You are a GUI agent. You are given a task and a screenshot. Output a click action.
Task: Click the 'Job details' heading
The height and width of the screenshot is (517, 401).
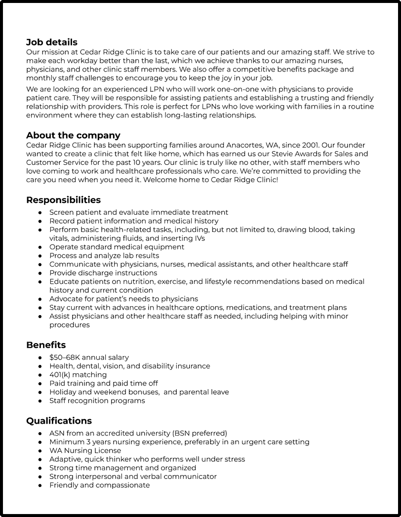coord(52,42)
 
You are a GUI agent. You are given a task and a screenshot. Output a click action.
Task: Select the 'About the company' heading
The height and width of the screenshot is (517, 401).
coord(73,135)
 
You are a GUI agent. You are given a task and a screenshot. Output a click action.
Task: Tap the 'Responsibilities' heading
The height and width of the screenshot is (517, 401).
coord(63,200)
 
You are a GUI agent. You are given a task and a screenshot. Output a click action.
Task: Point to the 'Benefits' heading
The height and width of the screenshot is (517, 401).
coord(46,345)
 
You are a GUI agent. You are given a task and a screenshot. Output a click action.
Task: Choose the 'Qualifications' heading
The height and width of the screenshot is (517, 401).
coord(59,421)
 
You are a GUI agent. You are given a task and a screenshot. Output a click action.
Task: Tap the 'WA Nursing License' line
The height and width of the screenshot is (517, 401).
coord(85,450)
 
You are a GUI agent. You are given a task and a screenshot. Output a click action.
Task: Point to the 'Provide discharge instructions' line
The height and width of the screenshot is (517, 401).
coord(103,273)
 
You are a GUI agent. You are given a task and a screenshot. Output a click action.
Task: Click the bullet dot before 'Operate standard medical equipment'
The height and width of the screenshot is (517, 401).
coord(40,247)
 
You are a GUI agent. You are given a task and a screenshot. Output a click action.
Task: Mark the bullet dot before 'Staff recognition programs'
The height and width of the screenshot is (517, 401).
coord(40,401)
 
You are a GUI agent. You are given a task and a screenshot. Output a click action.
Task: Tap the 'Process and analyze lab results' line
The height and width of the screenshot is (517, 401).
coord(104,255)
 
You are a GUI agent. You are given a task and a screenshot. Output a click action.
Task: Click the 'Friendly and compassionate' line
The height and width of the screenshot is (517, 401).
coord(99,485)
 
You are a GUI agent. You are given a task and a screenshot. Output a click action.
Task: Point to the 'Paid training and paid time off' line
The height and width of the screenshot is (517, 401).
coord(104,383)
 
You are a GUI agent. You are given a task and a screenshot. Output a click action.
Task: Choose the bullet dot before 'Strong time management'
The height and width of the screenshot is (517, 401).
coord(40,468)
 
